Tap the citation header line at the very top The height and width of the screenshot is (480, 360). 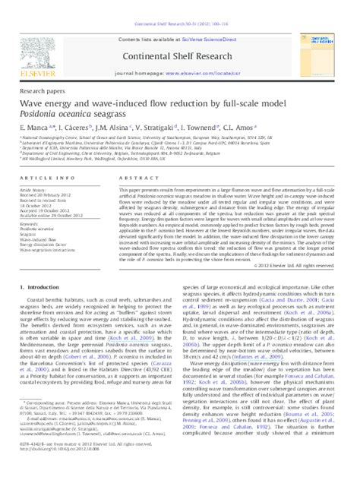coord(180,6)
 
